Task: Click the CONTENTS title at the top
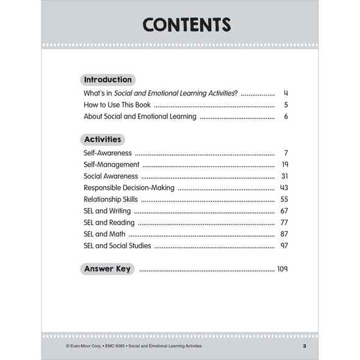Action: (x=186, y=25)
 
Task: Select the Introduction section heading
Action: (x=107, y=80)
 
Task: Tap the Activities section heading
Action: (x=103, y=139)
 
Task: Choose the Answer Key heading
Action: (x=107, y=268)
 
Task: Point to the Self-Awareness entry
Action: (x=107, y=153)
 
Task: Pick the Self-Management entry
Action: (x=112, y=165)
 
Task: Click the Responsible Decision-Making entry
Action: (x=129, y=188)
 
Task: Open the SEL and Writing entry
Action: (x=107, y=211)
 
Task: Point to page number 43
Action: (x=284, y=188)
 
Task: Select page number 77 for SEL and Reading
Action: (x=284, y=223)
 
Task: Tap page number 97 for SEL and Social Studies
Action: (x=284, y=246)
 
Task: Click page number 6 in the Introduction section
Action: (x=286, y=117)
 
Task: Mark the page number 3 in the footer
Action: (x=304, y=346)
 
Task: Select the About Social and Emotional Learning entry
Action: (x=140, y=117)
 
